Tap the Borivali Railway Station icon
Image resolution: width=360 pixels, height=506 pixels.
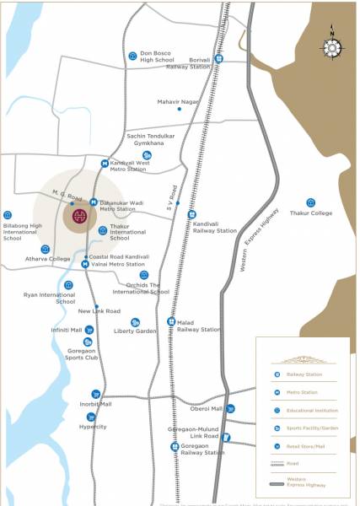point(219,59)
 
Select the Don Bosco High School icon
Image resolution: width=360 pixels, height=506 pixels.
point(132,56)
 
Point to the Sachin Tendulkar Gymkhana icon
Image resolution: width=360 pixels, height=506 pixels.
point(147,154)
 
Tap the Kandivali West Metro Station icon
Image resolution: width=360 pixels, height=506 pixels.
point(105,164)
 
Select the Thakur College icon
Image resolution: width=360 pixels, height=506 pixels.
point(310,202)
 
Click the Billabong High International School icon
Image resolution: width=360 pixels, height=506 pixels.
point(8,215)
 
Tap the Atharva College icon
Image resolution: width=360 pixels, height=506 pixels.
point(46,249)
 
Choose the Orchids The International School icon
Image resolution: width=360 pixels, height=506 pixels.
point(144,275)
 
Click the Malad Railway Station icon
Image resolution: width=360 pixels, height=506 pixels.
point(170,322)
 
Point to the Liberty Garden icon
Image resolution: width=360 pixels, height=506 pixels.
point(135,322)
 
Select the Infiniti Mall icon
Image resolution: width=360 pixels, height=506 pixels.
point(87,330)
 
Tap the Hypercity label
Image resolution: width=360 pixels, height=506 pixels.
point(93,427)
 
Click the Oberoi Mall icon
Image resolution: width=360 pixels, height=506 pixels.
point(230,408)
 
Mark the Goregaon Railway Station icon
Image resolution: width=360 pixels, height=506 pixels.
point(175,446)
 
